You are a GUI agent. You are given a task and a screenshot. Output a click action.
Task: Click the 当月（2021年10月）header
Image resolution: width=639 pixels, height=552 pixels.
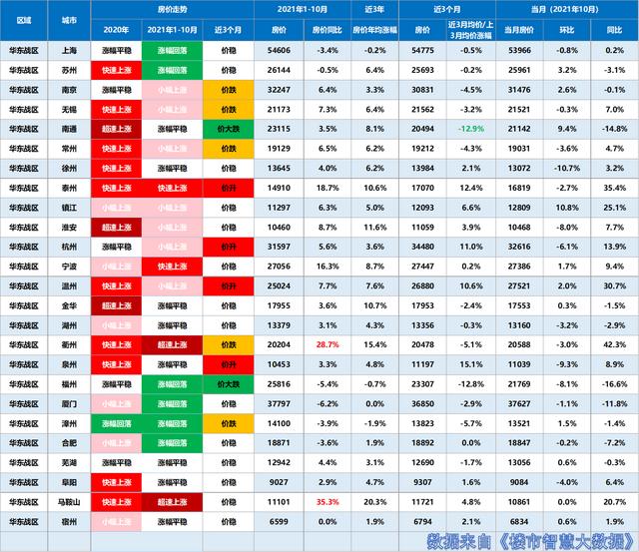[x=568, y=8]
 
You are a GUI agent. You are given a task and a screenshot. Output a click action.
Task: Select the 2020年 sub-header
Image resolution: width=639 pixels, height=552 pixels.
[x=117, y=29]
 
